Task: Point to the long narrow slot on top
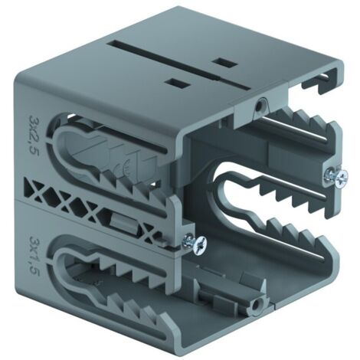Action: [x=178, y=65]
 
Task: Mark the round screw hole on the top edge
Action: [x=260, y=105]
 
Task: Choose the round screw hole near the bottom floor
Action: [x=256, y=305]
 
